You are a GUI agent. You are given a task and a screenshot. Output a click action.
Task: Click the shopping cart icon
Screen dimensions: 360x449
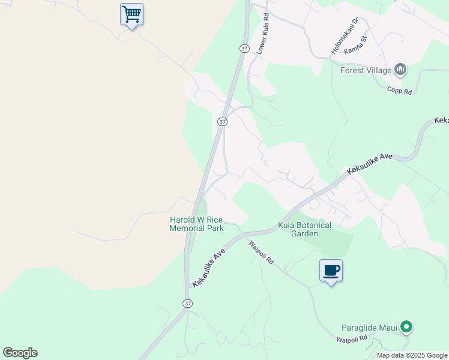point(131,14)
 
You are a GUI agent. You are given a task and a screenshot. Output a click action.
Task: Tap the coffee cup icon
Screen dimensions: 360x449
point(331,271)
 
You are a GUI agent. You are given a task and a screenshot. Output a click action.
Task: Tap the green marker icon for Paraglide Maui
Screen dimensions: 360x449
point(406,327)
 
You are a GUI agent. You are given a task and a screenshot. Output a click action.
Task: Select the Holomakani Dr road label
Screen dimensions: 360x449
point(345,34)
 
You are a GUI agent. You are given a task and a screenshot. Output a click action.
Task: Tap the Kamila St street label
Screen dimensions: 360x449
point(355,47)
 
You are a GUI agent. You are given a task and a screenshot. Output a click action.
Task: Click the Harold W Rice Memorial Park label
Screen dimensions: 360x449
point(196,224)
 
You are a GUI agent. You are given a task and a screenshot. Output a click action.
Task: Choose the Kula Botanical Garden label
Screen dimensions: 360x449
point(304,229)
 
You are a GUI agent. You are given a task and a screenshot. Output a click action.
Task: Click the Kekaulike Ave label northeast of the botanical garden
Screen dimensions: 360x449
point(369,164)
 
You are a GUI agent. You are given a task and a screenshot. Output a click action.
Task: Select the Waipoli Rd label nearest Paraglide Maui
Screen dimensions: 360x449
point(352,339)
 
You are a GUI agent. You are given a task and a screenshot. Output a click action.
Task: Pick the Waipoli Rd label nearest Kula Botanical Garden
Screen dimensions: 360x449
point(262,253)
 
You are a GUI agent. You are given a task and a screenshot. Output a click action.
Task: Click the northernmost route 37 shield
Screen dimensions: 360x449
point(244,48)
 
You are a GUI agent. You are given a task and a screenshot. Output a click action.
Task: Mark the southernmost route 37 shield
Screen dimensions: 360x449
point(188,304)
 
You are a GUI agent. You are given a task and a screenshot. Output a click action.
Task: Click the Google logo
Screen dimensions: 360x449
point(20,353)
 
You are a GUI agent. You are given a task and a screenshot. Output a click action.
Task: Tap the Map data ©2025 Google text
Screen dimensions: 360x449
point(412,355)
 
